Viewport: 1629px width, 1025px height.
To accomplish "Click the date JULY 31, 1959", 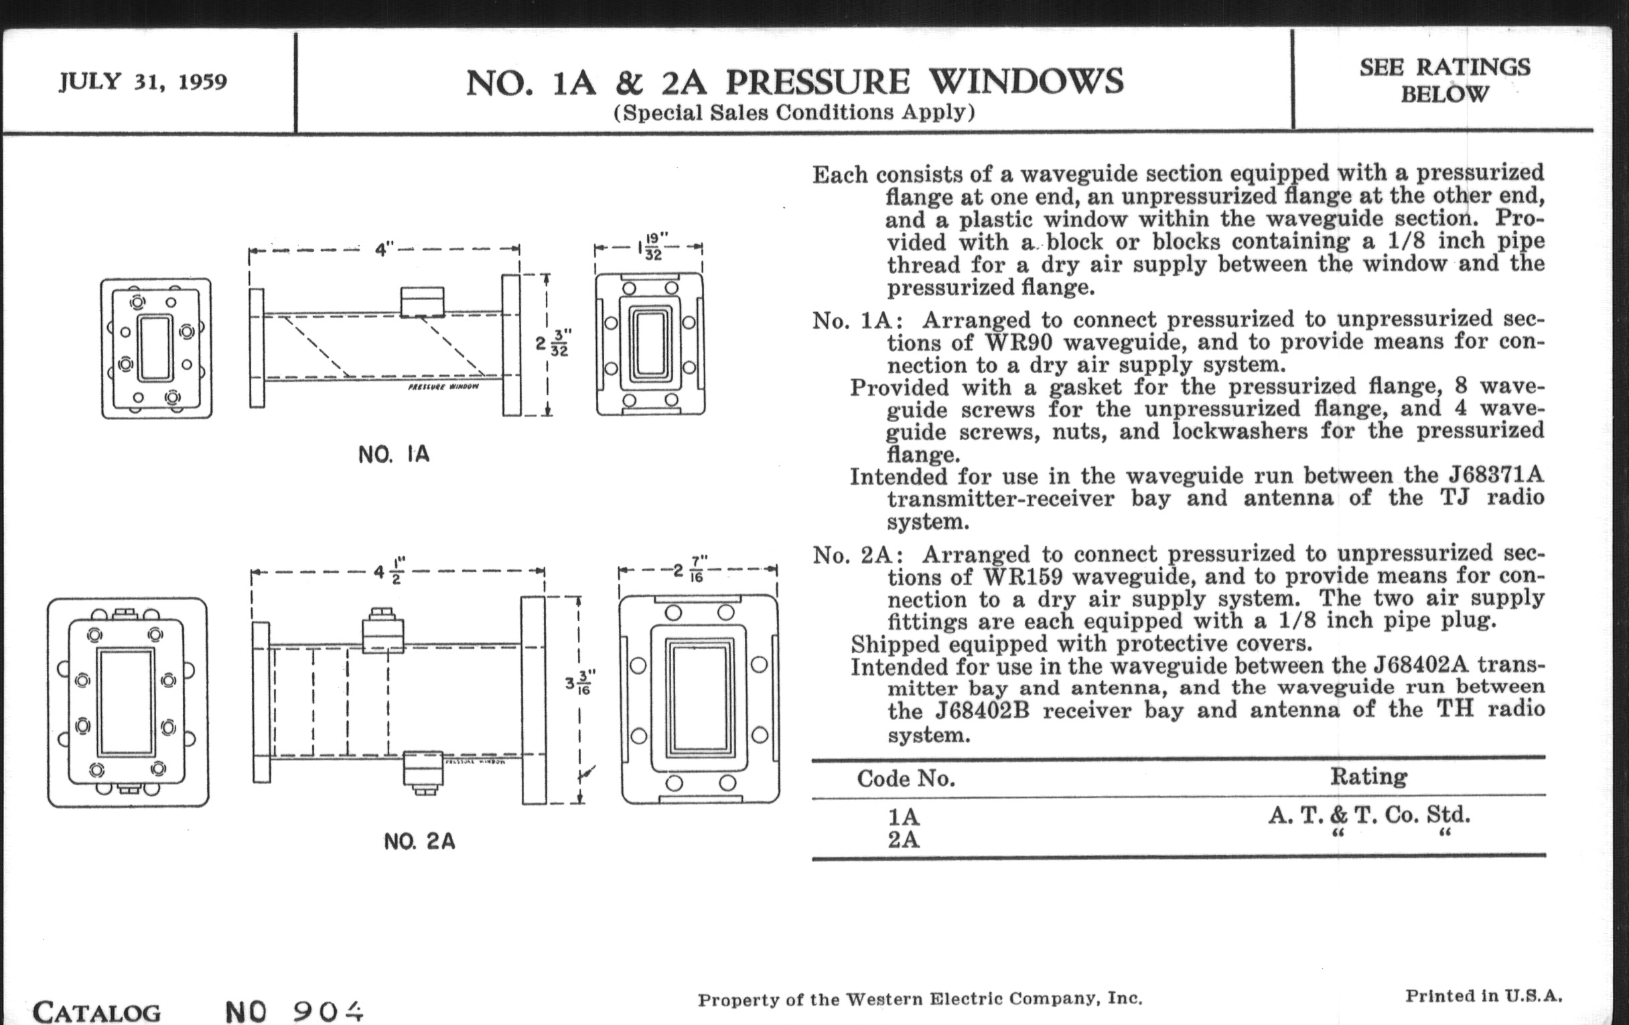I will tap(143, 82).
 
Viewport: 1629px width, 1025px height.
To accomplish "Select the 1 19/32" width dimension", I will tap(649, 247).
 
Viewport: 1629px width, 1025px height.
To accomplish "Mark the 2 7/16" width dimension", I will tap(690, 569).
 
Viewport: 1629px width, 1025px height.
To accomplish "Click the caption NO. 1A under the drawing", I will tap(394, 454).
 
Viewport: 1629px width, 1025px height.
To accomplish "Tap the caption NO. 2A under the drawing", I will tap(419, 841).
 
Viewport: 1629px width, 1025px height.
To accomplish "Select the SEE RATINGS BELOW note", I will tap(1444, 80).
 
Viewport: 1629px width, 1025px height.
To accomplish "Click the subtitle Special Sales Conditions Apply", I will tap(794, 113).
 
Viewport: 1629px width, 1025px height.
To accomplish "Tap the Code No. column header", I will tap(906, 778).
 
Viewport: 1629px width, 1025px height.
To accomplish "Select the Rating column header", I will tap(1368, 776).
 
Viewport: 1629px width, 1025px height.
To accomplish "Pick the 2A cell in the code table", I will tap(903, 839).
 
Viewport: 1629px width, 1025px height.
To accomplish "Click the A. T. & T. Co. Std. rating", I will tap(1368, 815).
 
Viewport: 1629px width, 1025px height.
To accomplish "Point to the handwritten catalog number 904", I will tap(329, 1012).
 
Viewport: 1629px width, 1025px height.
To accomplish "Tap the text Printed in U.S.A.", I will tap(1484, 996).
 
